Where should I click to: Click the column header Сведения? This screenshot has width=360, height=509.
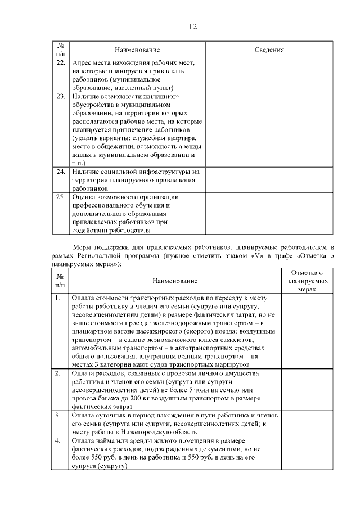[x=269, y=50]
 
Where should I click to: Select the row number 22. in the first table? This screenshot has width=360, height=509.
[x=61, y=62]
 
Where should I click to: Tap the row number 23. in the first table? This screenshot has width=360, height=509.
[x=61, y=96]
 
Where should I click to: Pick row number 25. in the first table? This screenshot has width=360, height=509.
[x=61, y=197]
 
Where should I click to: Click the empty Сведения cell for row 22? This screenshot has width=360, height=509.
[x=269, y=75]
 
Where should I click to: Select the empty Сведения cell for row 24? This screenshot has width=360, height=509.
[x=269, y=179]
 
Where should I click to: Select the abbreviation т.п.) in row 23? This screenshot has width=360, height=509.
[x=79, y=163]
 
